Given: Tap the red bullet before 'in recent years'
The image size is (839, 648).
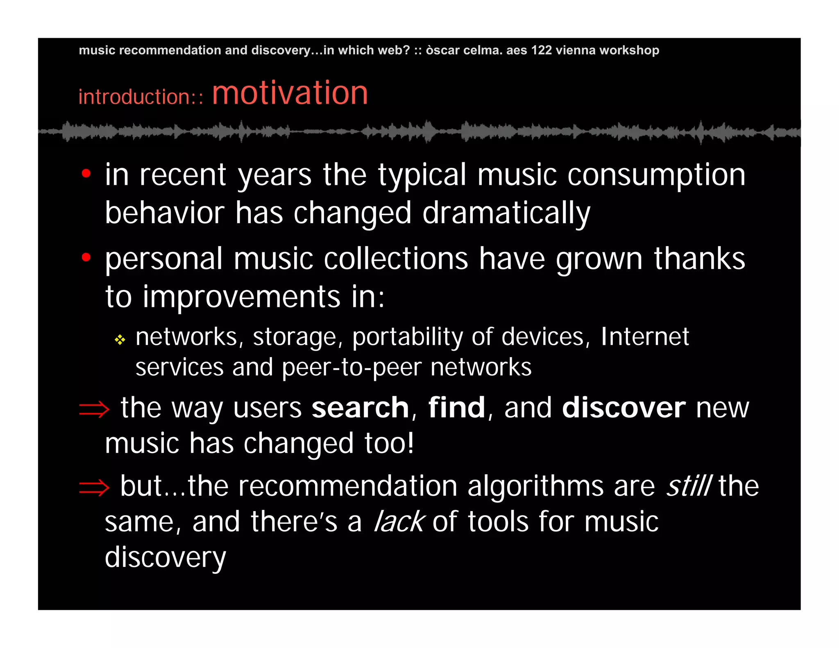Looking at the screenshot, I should click(86, 174).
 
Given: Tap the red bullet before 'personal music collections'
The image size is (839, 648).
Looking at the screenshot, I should click(86, 257).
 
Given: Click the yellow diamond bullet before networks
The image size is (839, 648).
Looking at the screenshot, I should click(120, 340).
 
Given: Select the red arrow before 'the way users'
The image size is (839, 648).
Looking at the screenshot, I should click(94, 409).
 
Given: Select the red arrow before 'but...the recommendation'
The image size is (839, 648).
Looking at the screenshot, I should click(94, 487).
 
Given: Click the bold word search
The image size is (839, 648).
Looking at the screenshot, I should click(360, 408).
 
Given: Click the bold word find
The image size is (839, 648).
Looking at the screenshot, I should click(456, 408).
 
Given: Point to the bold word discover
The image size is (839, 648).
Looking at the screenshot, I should click(623, 408).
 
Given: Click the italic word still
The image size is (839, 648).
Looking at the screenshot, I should click(689, 486).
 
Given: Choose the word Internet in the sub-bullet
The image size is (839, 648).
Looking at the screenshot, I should click(645, 337).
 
